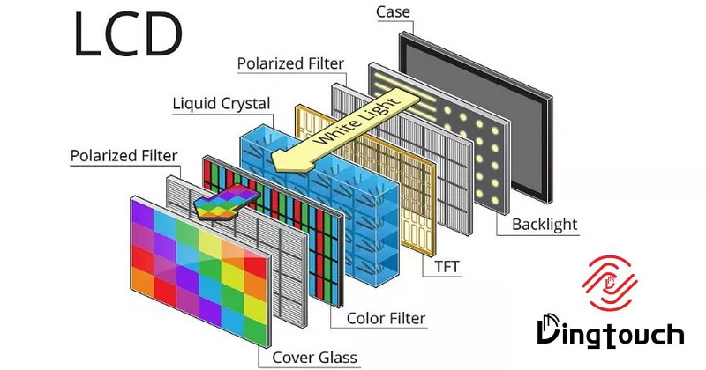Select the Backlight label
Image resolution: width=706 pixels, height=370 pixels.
pos(545,225)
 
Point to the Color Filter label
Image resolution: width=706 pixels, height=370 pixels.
pos(386,317)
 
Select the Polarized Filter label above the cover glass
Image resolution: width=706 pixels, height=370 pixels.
pos(124,156)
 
